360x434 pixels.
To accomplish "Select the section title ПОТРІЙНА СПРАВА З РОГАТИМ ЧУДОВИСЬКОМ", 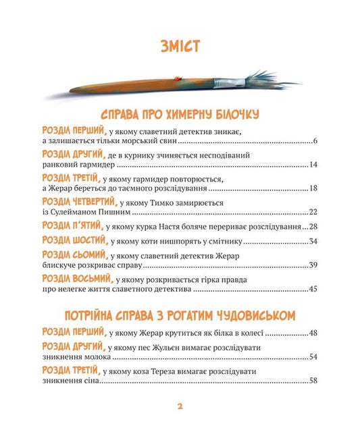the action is pos(179,316).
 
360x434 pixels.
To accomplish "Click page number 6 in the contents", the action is pos(315,141).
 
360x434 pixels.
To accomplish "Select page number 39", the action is pos(313,265).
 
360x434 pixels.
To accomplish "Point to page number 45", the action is pos(313,290).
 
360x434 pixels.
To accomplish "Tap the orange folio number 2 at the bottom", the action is pos(180,406).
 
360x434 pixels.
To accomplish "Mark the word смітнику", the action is pos(225,242).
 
